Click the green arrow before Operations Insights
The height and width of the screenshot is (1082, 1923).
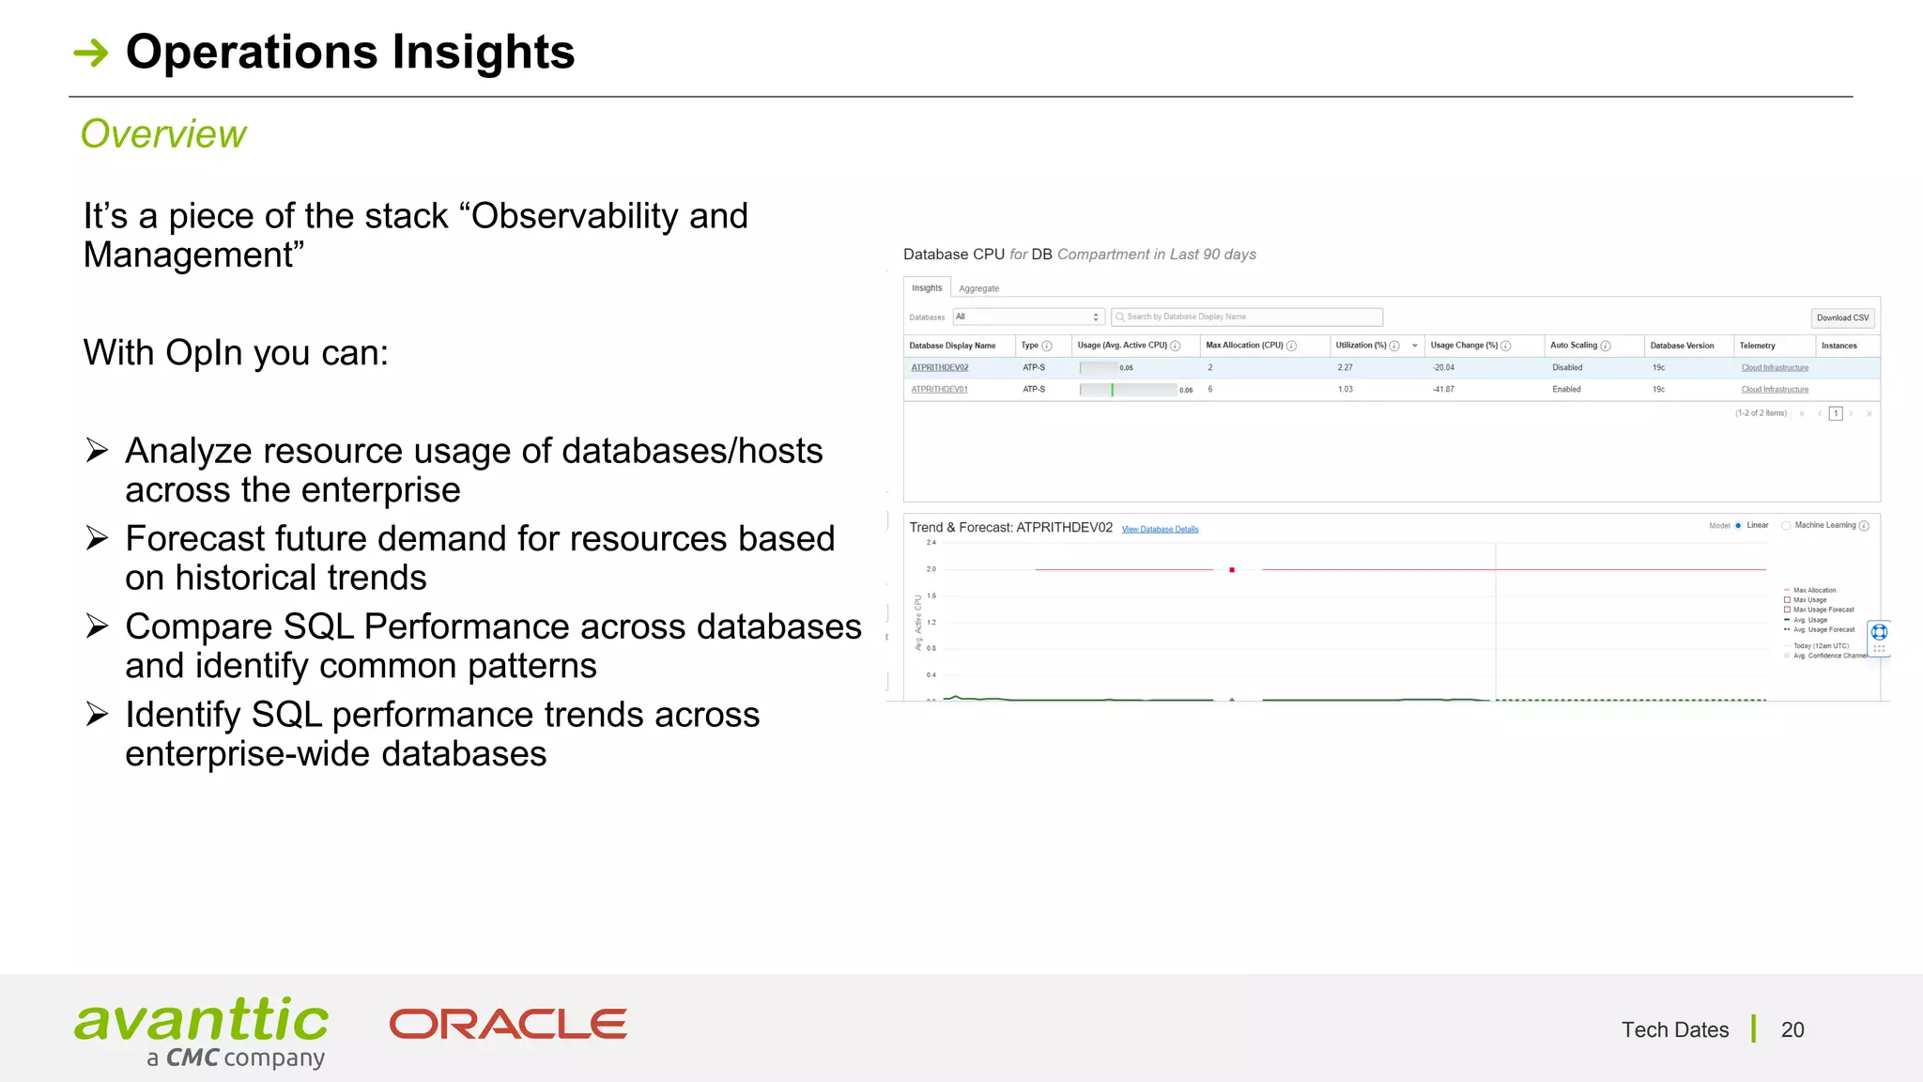coord(91,53)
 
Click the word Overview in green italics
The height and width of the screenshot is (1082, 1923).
coord(163,134)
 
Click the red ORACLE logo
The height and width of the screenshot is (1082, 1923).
coord(508,1024)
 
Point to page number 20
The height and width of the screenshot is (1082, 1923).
coord(1792,1029)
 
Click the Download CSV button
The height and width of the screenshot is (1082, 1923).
coord(1841,317)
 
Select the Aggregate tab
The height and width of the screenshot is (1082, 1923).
coord(978,288)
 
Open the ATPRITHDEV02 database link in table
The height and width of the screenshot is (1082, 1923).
coord(939,367)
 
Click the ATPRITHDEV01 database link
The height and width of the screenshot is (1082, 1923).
coord(939,389)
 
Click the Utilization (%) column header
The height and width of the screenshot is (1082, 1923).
coord(1361,346)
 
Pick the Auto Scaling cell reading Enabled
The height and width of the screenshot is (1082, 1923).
coord(1566,389)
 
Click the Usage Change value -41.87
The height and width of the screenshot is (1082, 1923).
coord(1443,389)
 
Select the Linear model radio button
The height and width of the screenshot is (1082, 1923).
coord(1738,526)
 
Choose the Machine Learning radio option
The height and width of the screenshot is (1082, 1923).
coord(1786,526)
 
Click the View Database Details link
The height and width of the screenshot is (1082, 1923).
coord(1160,529)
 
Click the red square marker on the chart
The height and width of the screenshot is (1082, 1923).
coord(1232,570)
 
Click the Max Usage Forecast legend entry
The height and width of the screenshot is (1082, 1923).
coord(1823,610)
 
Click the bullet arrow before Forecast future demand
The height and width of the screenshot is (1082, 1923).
coord(97,538)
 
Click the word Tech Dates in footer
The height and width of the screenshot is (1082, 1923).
coord(1674,1029)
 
